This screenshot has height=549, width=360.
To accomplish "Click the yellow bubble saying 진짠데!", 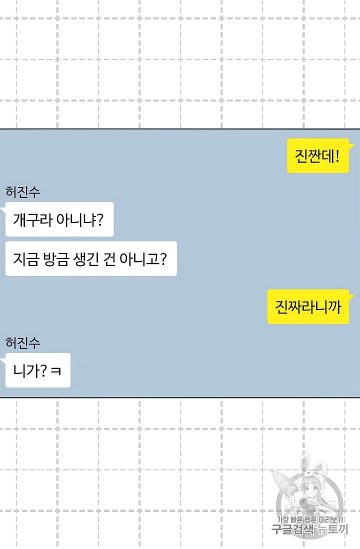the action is click(x=318, y=156).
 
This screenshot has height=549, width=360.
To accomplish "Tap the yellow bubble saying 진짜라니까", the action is click(x=308, y=306).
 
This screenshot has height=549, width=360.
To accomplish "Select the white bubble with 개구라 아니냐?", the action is click(x=59, y=219).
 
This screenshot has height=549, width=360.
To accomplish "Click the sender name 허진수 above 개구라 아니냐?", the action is click(x=23, y=192).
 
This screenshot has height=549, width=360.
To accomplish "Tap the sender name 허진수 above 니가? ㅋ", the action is click(x=23, y=342).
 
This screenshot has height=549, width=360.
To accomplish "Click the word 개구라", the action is click(x=32, y=220).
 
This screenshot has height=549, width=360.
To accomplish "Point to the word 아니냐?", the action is click(x=80, y=220).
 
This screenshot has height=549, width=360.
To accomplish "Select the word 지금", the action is click(x=25, y=259).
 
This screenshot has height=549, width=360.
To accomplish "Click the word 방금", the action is click(x=55, y=259).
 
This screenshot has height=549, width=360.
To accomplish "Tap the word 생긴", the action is click(x=86, y=259).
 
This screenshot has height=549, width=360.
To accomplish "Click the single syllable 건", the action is click(x=109, y=259).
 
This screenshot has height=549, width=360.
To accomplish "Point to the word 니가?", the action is click(x=30, y=370).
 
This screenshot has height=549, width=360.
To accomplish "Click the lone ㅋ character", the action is click(x=55, y=371).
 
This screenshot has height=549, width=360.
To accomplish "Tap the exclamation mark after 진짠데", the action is click(x=337, y=156).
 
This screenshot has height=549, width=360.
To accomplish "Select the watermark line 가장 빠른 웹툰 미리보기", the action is click(x=309, y=520).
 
